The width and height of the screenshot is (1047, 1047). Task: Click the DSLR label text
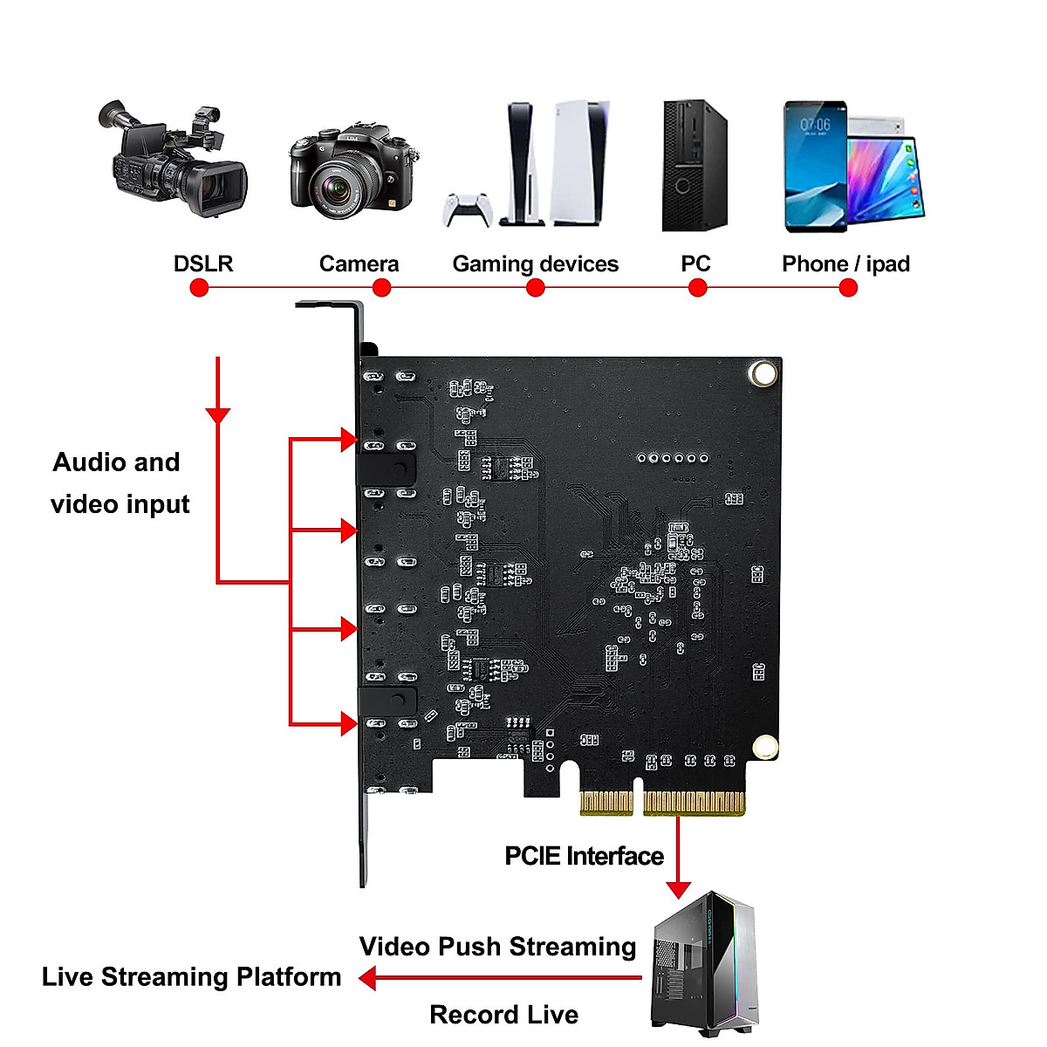click(203, 263)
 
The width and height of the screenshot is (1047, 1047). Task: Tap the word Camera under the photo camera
click(359, 263)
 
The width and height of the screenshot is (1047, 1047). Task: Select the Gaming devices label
click(535, 263)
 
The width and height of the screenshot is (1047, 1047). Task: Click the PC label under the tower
click(695, 263)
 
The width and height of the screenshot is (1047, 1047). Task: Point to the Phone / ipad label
click(845, 263)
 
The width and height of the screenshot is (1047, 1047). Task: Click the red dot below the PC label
click(697, 288)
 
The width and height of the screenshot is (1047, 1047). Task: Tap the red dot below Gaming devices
click(536, 288)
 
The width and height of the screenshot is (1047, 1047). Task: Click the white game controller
click(467, 209)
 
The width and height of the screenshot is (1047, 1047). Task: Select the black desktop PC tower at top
click(694, 166)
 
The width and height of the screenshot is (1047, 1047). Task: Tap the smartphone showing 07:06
click(815, 166)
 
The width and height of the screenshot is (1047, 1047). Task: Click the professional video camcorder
click(174, 161)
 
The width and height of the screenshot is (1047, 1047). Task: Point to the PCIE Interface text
click(584, 856)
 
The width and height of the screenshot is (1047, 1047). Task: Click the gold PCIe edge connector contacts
click(663, 803)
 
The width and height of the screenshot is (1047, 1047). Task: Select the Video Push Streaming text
click(497, 947)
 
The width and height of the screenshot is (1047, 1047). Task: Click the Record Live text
click(503, 1015)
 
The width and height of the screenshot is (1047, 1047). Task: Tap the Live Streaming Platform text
click(191, 976)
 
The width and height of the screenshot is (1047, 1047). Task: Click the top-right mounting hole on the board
click(763, 373)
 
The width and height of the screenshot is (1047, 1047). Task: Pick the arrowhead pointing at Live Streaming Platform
click(368, 978)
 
